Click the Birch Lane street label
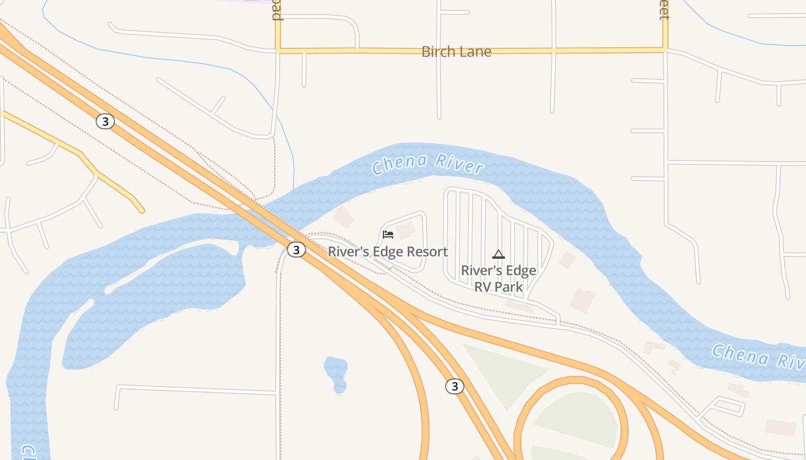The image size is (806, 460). pyautogui.click(x=456, y=52)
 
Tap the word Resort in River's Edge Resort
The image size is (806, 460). pyautogui.click(x=427, y=252)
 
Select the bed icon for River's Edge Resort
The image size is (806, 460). pyautogui.click(x=388, y=234)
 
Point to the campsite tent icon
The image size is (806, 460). pyautogui.click(x=499, y=254)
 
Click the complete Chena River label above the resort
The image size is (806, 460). pyautogui.click(x=427, y=163)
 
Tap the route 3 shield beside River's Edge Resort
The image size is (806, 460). pyautogui.click(x=296, y=250)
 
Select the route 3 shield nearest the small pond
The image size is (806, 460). pyautogui.click(x=454, y=386)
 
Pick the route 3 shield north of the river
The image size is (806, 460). pyautogui.click(x=105, y=121)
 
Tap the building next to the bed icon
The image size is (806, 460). pyautogui.click(x=405, y=230)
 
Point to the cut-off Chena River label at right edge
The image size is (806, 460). pyautogui.click(x=758, y=356)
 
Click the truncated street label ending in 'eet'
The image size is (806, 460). pyautogui.click(x=664, y=10)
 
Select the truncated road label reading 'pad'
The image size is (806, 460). pyautogui.click(x=277, y=10)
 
